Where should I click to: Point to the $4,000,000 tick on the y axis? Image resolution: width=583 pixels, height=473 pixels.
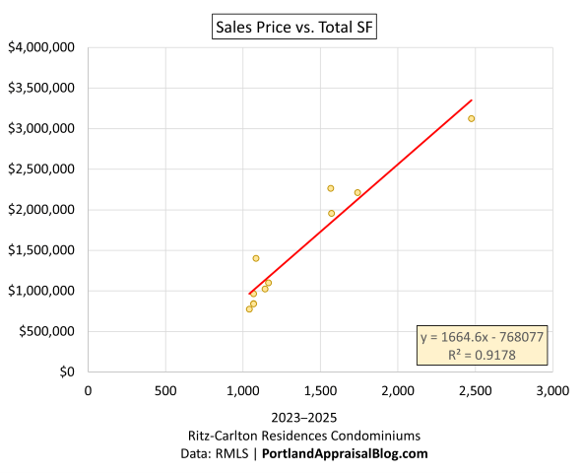coord(42,47)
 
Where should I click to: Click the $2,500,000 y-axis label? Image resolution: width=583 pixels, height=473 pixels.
coord(42,169)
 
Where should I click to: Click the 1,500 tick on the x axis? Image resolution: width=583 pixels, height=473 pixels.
coord(320,391)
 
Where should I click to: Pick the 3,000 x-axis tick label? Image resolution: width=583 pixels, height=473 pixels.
coord(551,391)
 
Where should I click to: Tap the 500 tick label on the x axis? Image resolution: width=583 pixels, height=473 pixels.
coord(164,391)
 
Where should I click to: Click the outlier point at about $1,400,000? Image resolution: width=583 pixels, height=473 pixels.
coord(256,258)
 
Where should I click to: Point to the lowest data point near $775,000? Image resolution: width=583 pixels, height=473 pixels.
coord(249,308)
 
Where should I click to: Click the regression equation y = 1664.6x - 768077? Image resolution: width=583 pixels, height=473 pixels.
coord(482,337)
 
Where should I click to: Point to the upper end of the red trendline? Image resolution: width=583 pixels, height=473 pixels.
coord(472,101)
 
